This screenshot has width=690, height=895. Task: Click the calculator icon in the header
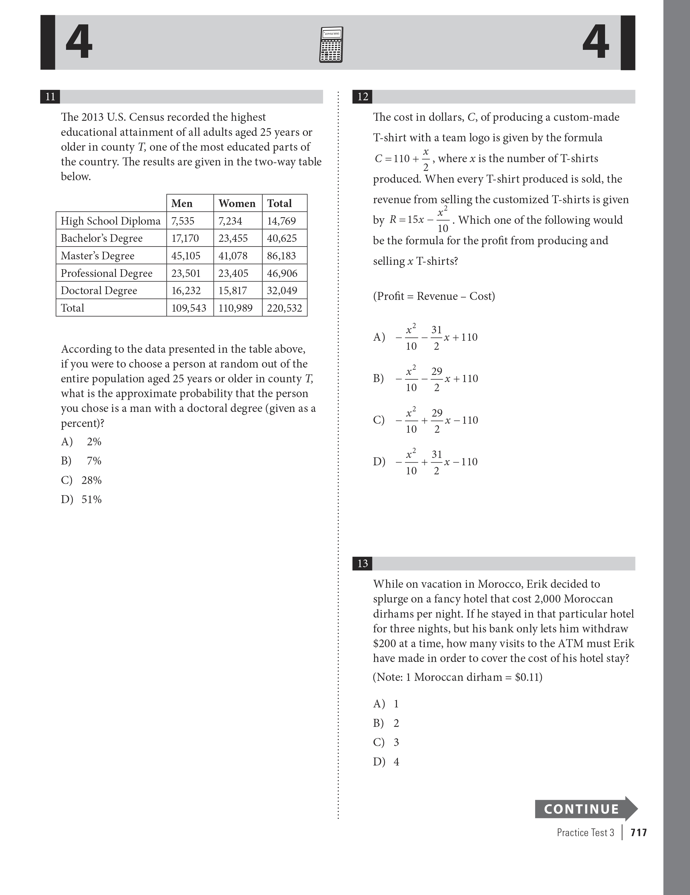point(331,45)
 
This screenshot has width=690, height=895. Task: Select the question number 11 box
point(50,97)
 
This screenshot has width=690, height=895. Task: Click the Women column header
point(237,203)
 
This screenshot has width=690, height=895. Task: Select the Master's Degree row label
point(98,256)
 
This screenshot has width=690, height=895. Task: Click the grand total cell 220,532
point(284,308)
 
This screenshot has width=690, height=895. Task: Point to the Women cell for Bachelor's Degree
point(233,238)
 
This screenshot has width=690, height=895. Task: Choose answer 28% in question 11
point(91,480)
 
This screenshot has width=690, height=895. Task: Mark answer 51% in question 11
point(91,499)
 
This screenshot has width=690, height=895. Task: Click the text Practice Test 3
point(585,832)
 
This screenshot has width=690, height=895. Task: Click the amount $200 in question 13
point(384,643)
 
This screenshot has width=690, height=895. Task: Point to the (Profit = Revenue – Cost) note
point(434,296)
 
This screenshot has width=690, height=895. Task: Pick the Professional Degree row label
point(107,273)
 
